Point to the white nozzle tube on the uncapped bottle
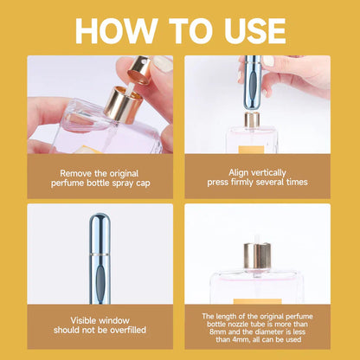click(256, 236)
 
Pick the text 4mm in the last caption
click(232, 342)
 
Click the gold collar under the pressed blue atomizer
click(252, 119)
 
